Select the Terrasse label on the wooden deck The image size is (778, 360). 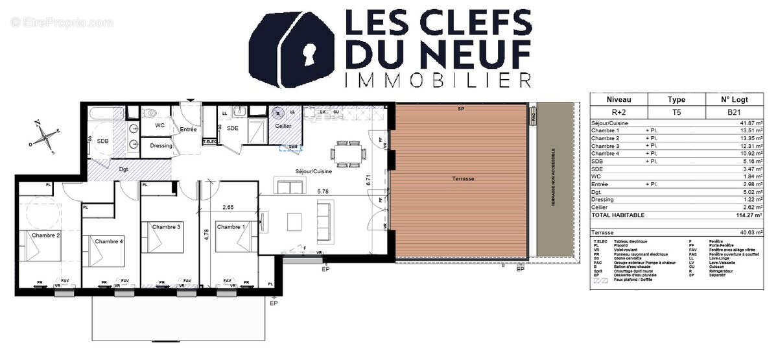coord(464,178)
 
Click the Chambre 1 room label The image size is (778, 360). coord(231,227)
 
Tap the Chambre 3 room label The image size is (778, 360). coord(166,227)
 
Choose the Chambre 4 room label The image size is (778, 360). coord(109,241)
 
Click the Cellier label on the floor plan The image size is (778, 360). coord(283,126)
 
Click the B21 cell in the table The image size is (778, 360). coord(735,112)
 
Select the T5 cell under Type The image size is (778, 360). coord(677,112)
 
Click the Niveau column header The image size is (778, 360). coord(619,99)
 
